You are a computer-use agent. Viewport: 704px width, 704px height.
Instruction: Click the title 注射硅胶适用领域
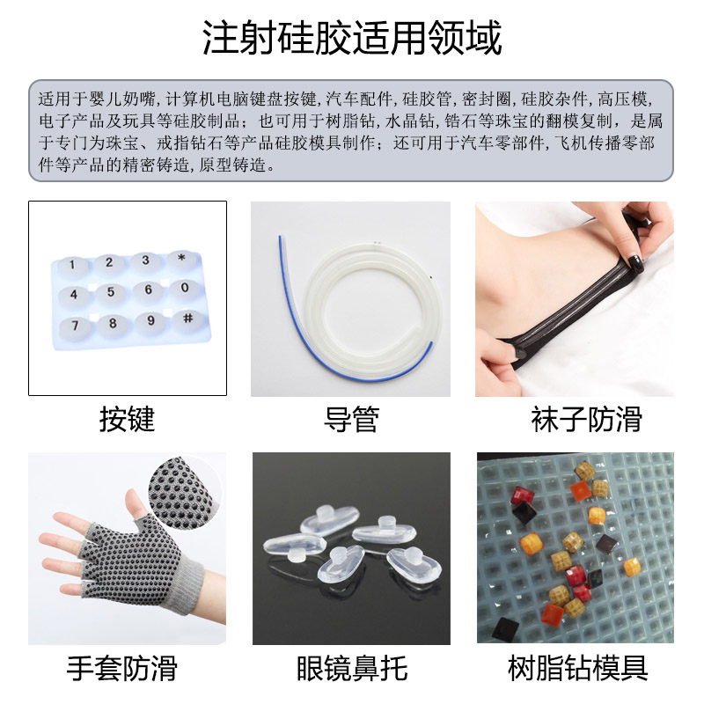point(352,39)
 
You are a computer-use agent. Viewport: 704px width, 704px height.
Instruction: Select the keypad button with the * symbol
point(181,259)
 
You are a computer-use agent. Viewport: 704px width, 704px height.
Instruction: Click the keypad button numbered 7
point(76,326)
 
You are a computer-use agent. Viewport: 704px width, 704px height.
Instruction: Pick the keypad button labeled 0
point(184,288)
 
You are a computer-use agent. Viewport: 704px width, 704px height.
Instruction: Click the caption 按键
point(127,420)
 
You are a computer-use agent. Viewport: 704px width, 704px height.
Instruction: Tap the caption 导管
point(350,420)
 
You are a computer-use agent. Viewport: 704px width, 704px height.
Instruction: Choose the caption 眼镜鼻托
point(352,669)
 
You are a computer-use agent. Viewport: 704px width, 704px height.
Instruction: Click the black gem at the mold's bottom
point(505,628)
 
